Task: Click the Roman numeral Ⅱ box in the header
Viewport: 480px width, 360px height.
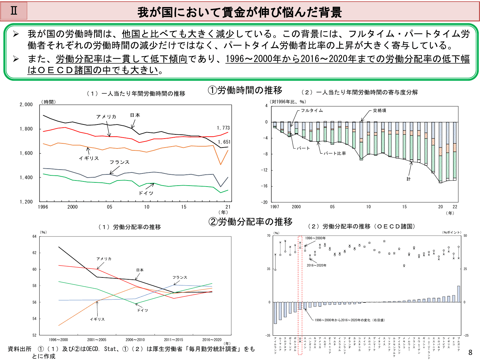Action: (x=14, y=11)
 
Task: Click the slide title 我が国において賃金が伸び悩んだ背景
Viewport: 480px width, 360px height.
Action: (x=240, y=12)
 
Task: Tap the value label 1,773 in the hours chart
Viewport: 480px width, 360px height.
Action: (x=223, y=128)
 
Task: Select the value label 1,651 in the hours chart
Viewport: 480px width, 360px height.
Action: (x=224, y=142)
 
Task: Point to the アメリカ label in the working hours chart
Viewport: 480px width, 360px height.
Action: (x=106, y=117)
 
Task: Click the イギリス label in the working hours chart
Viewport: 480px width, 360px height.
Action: (x=89, y=158)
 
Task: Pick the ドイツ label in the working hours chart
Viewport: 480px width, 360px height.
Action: (x=146, y=193)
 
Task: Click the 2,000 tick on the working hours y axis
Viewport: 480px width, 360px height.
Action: (x=26, y=105)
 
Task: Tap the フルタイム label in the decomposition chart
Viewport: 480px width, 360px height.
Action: (x=312, y=110)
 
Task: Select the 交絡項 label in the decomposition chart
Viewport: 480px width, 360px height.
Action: (x=380, y=110)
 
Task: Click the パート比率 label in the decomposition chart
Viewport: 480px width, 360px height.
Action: (x=335, y=153)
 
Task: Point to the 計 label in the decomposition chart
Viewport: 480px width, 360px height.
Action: (x=409, y=179)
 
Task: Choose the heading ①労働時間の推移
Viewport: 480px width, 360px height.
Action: (x=245, y=91)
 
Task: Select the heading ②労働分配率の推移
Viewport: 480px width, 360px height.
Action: (x=250, y=222)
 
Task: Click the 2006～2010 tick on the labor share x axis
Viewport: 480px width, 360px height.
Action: (x=135, y=340)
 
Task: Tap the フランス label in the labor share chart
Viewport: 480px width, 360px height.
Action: (x=180, y=277)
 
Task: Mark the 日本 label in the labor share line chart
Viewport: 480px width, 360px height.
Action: (x=140, y=270)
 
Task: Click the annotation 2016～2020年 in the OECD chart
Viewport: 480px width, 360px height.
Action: (x=316, y=265)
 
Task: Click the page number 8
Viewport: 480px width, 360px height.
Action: (x=470, y=353)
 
